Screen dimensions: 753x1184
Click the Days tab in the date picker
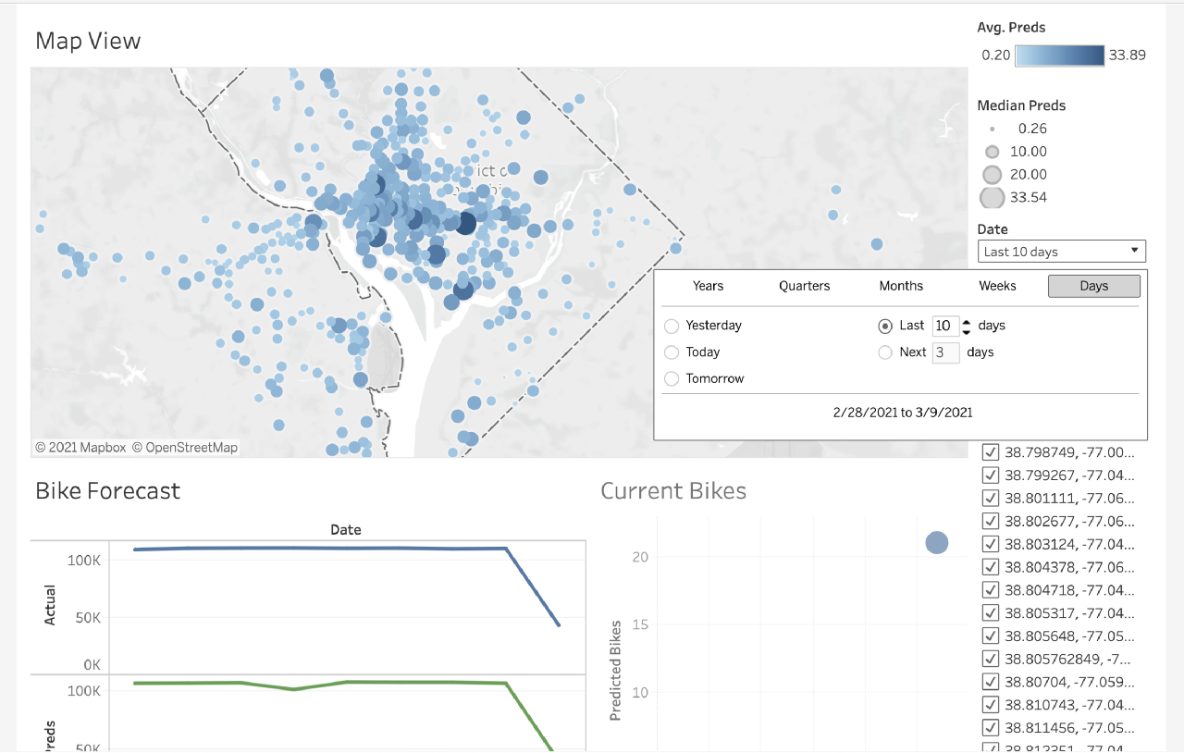tap(1093, 286)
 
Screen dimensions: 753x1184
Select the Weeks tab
tap(997, 286)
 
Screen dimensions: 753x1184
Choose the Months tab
tap(901, 286)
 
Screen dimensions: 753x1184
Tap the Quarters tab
tap(804, 286)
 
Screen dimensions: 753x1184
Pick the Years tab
tap(708, 286)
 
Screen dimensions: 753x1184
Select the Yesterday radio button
tap(672, 326)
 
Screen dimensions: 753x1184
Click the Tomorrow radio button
tap(672, 379)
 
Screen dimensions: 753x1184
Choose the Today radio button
tap(672, 352)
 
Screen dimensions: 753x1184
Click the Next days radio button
tap(885, 352)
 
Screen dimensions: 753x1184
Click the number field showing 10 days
tap(944, 326)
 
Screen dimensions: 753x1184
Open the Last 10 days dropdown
tap(1061, 252)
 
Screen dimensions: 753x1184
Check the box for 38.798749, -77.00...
tap(991, 452)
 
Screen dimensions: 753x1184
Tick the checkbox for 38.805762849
tap(991, 659)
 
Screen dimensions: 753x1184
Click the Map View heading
tap(88, 41)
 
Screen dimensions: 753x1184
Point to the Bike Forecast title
tap(107, 490)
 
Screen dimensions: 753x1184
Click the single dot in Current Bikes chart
tap(937, 543)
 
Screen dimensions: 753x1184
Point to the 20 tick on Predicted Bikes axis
tap(641, 557)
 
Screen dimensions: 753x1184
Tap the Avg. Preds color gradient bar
tap(1059, 56)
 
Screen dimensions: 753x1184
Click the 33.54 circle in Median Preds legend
tap(992, 197)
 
